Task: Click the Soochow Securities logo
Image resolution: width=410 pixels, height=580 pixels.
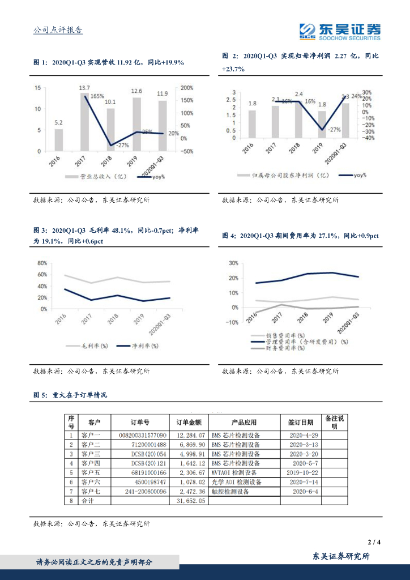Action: (x=340, y=31)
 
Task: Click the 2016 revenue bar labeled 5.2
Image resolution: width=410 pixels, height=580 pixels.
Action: (x=59, y=140)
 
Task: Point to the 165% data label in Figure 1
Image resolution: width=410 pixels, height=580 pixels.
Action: (x=97, y=96)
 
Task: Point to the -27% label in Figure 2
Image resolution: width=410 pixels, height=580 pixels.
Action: (x=334, y=130)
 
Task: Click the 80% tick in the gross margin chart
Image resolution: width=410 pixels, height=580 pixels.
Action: (x=42, y=263)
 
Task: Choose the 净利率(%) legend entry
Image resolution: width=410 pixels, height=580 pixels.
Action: (x=138, y=346)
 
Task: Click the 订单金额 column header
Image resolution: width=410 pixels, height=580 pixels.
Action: (x=189, y=423)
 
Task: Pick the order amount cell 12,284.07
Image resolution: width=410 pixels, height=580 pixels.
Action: (x=189, y=436)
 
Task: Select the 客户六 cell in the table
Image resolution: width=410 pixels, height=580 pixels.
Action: (x=89, y=481)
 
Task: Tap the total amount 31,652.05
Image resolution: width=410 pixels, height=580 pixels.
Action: (x=189, y=501)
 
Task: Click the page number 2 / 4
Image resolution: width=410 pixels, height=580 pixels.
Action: (x=373, y=542)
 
